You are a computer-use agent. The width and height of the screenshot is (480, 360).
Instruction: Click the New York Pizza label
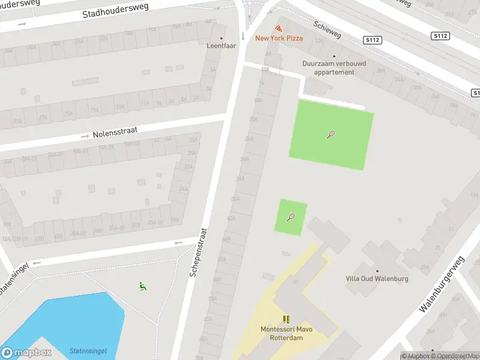point(279,38)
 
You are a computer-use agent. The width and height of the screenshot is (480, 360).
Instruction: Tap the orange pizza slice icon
point(279,28)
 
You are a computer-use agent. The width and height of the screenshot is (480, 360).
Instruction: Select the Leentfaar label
point(221,46)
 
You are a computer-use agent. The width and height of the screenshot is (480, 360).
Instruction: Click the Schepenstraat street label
point(199,252)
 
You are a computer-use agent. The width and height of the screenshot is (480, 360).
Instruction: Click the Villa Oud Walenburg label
point(377,278)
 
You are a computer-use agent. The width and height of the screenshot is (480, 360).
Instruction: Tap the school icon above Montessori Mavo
point(286,319)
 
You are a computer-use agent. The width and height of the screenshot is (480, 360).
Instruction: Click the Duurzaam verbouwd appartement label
point(334,67)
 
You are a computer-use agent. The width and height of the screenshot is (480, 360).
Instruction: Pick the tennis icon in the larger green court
point(331,134)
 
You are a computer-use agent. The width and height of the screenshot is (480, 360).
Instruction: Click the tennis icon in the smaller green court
point(291,217)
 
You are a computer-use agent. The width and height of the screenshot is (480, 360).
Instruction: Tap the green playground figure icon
point(142,287)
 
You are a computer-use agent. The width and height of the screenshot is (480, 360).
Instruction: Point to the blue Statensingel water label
point(88,351)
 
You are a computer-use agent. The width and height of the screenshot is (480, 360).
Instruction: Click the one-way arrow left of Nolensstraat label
point(85,137)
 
